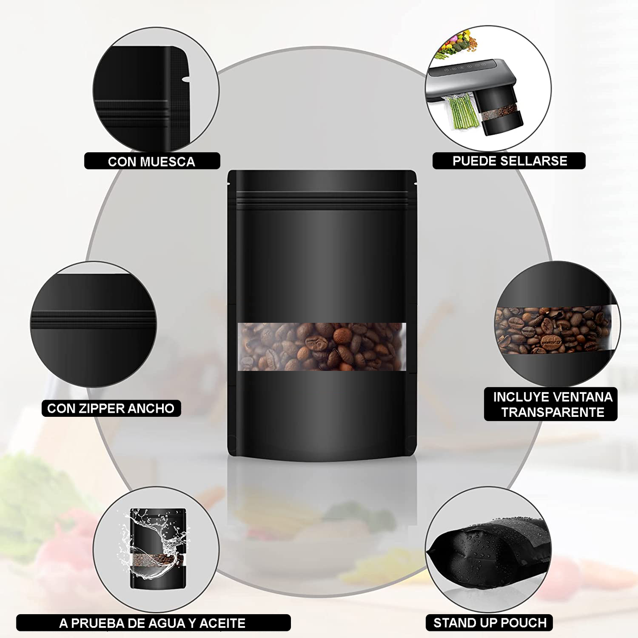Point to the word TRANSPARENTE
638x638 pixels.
(x=553, y=412)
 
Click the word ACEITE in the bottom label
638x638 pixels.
(x=223, y=623)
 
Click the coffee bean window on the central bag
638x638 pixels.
(x=322, y=346)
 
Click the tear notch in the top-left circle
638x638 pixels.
(x=186, y=79)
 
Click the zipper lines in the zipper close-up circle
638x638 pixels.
(x=93, y=319)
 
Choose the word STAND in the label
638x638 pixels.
(x=452, y=623)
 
